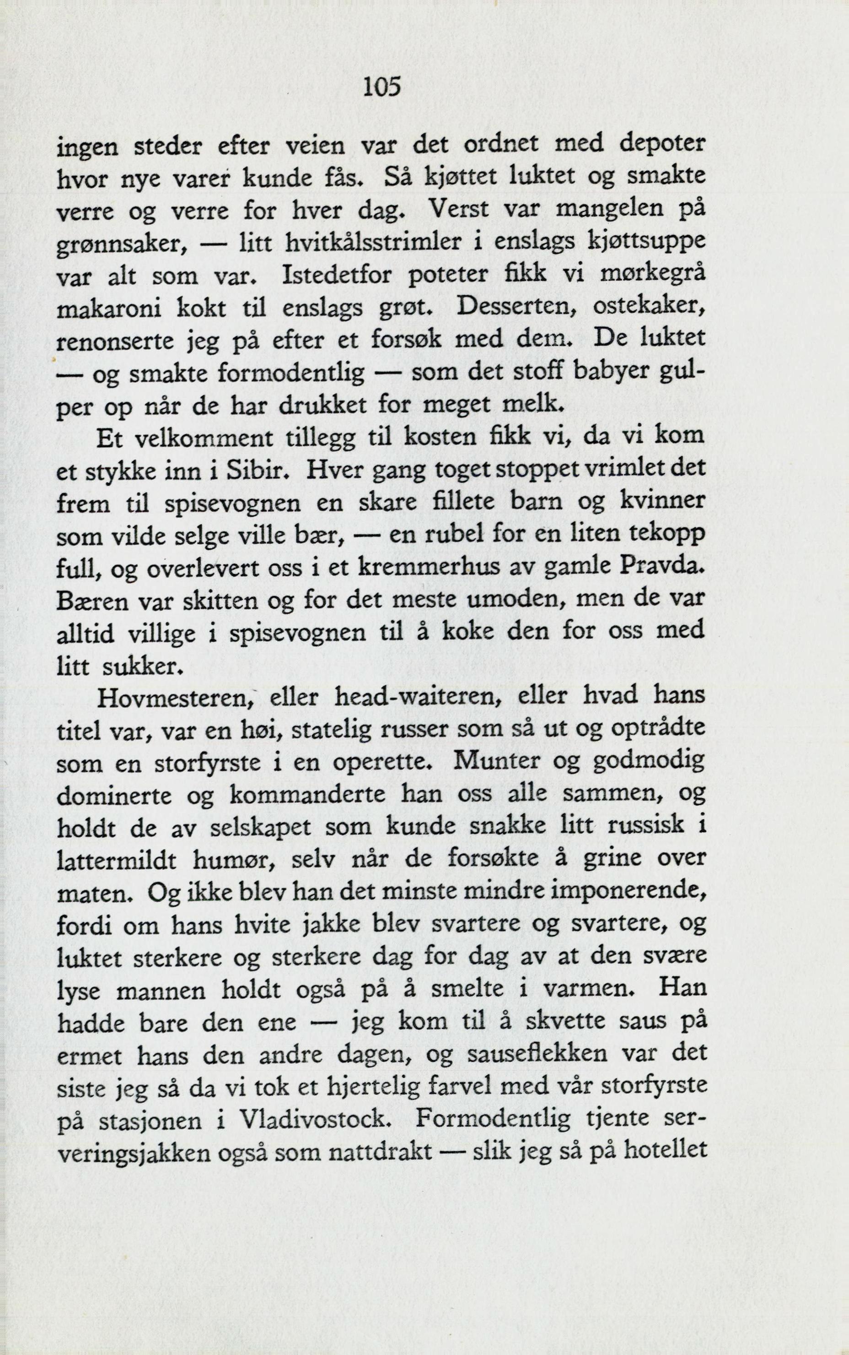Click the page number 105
(382, 87)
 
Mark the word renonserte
(116, 341)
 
